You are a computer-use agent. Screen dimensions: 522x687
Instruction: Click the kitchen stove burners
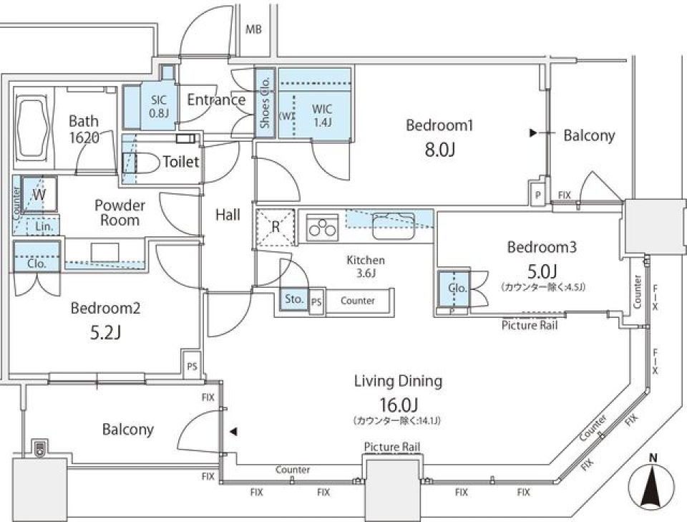click(321, 228)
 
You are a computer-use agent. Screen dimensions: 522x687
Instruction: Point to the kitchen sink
click(392, 227)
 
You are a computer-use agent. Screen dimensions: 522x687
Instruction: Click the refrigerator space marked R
click(276, 228)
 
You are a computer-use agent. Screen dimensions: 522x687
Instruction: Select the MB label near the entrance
click(253, 29)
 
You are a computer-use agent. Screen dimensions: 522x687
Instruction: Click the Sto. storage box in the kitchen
click(293, 299)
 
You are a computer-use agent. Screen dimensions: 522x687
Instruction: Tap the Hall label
click(228, 214)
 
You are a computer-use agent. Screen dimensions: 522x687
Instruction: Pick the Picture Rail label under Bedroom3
click(530, 325)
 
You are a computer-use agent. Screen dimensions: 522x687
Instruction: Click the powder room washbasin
click(104, 252)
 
